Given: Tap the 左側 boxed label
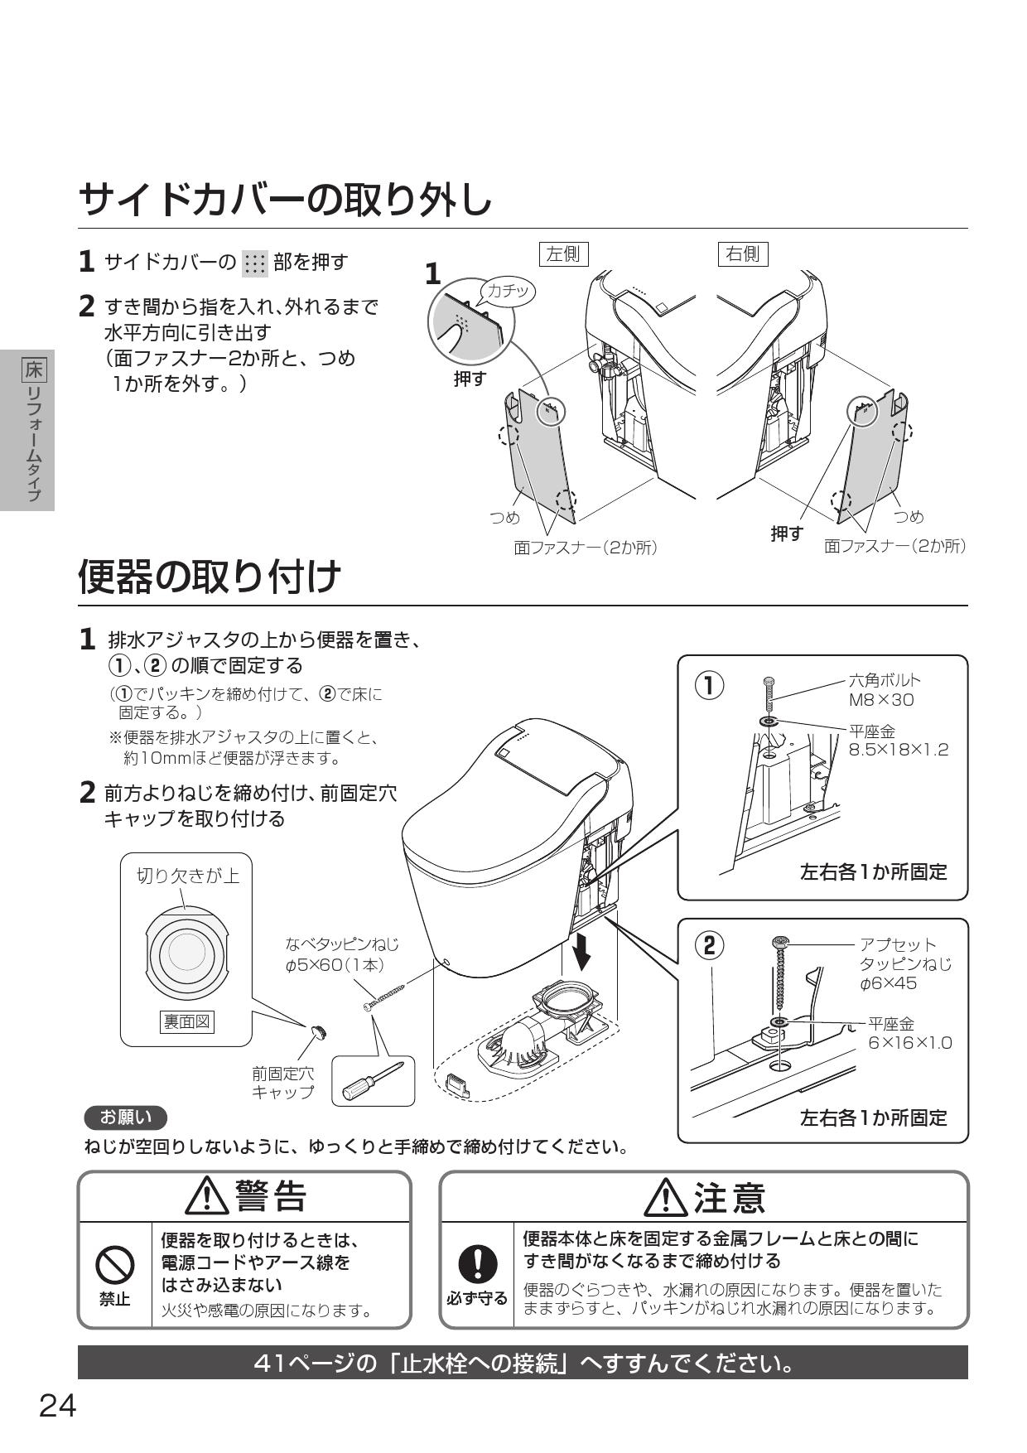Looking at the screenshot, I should click(x=563, y=254).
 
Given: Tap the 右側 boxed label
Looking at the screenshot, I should click(x=742, y=253).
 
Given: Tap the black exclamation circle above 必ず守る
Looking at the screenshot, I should click(x=476, y=1264).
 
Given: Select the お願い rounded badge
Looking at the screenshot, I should click(x=125, y=1118).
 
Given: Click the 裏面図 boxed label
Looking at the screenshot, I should click(x=186, y=1021).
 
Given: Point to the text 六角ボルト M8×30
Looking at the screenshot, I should click(x=883, y=690).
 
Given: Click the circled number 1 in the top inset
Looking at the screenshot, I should click(x=709, y=685).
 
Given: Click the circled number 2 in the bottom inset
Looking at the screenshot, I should click(x=709, y=945).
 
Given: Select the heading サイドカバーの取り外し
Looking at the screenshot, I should click(x=286, y=200).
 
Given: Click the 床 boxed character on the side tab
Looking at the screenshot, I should click(x=33, y=368).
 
